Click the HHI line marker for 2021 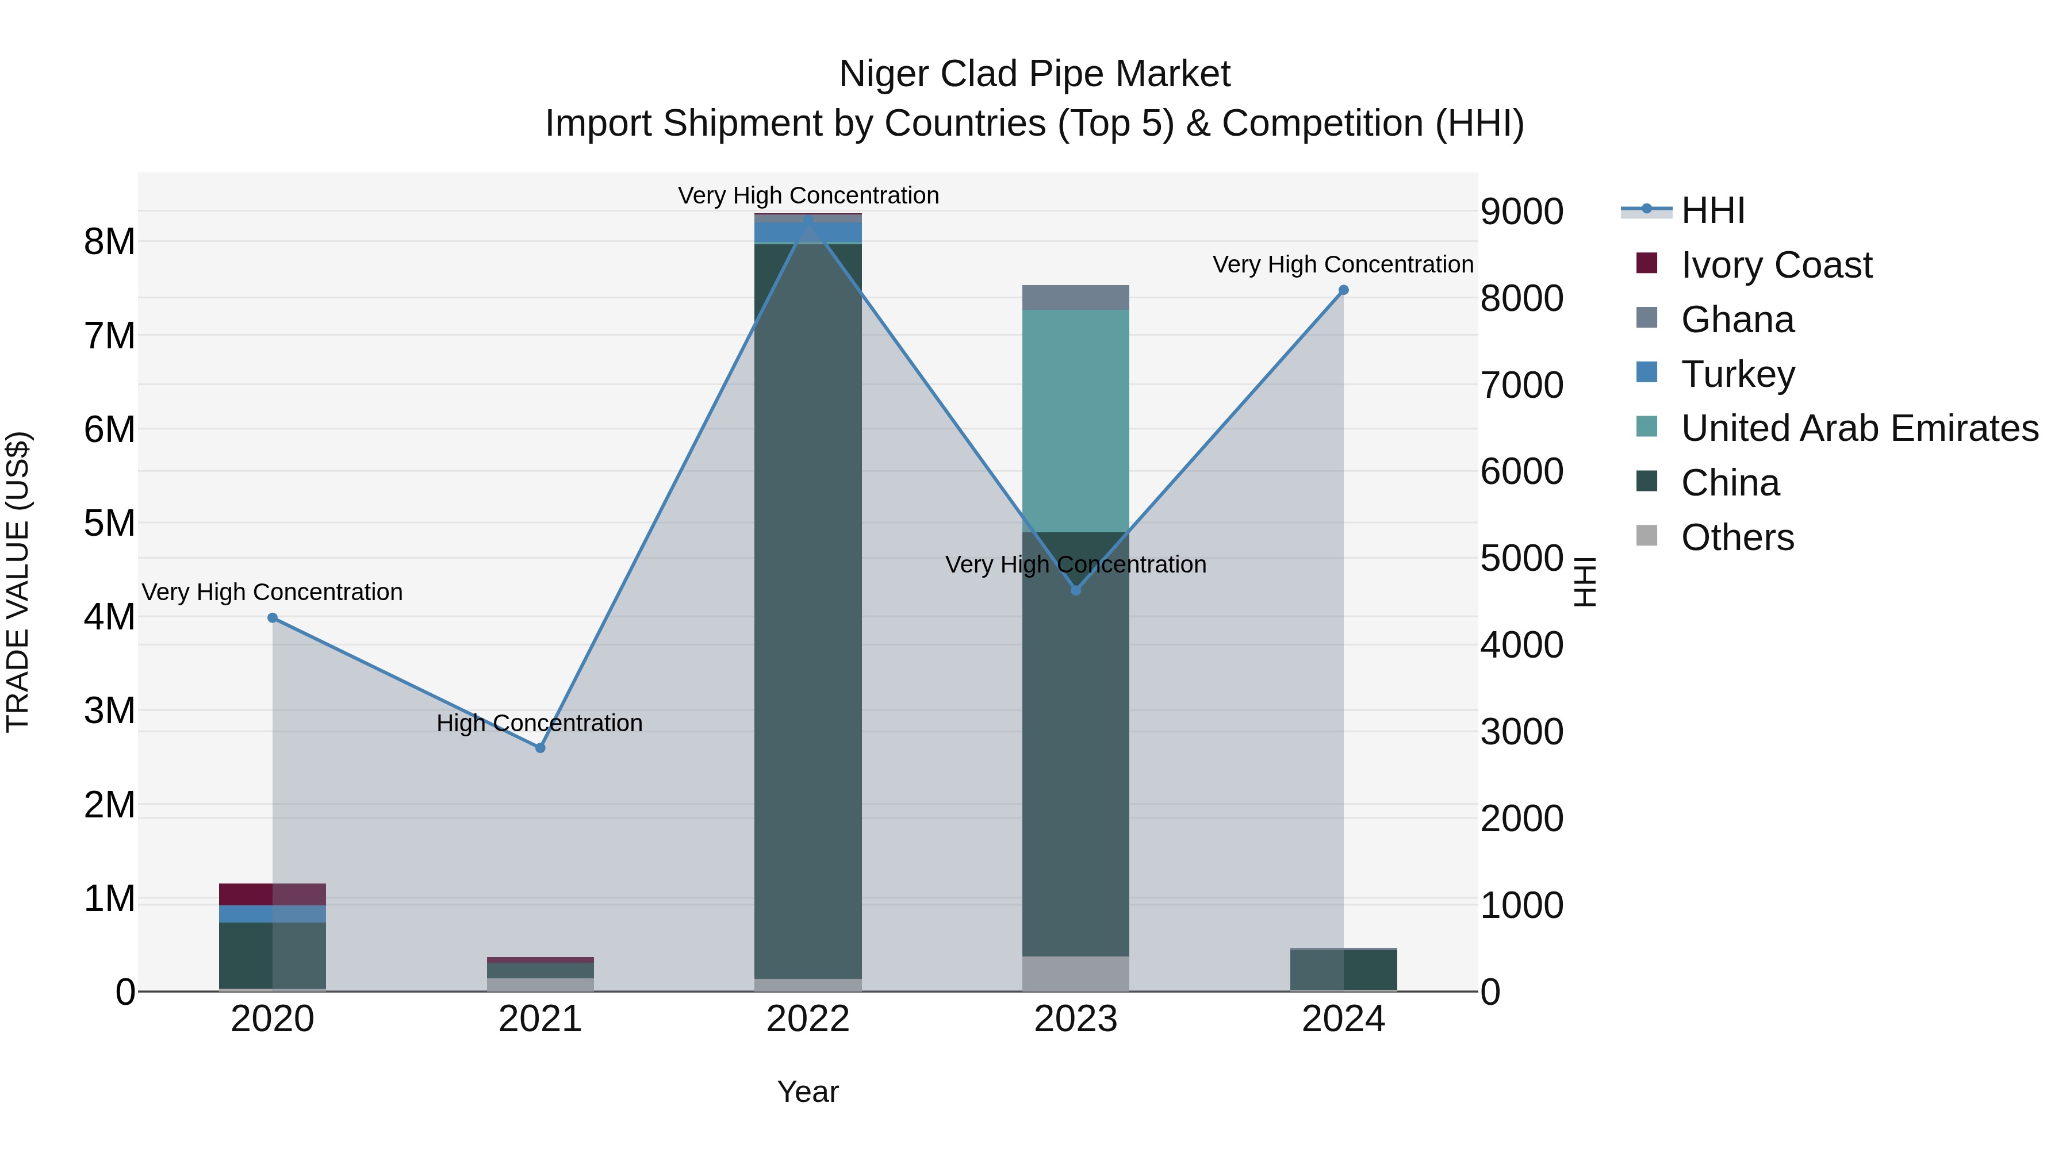pyautogui.click(x=540, y=748)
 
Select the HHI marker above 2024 pyautogui.click(x=1344, y=290)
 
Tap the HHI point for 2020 pyautogui.click(x=273, y=618)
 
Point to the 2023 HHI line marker pyautogui.click(x=1076, y=590)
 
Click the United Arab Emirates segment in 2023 pyautogui.click(x=1075, y=420)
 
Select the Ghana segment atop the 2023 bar pyautogui.click(x=1075, y=297)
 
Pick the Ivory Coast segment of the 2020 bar pyautogui.click(x=273, y=894)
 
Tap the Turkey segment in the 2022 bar pyautogui.click(x=808, y=232)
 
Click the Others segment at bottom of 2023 pyautogui.click(x=1075, y=974)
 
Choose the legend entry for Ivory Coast pyautogui.click(x=1776, y=265)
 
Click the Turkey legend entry pyautogui.click(x=1737, y=374)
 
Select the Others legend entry pyautogui.click(x=1737, y=537)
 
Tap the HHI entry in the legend pyautogui.click(x=1712, y=210)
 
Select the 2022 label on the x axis pyautogui.click(x=808, y=1019)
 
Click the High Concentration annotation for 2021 pyautogui.click(x=539, y=723)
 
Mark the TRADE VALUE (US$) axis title pyautogui.click(x=18, y=582)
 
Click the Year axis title pyautogui.click(x=808, y=1092)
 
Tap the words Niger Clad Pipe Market pyautogui.click(x=1034, y=74)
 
